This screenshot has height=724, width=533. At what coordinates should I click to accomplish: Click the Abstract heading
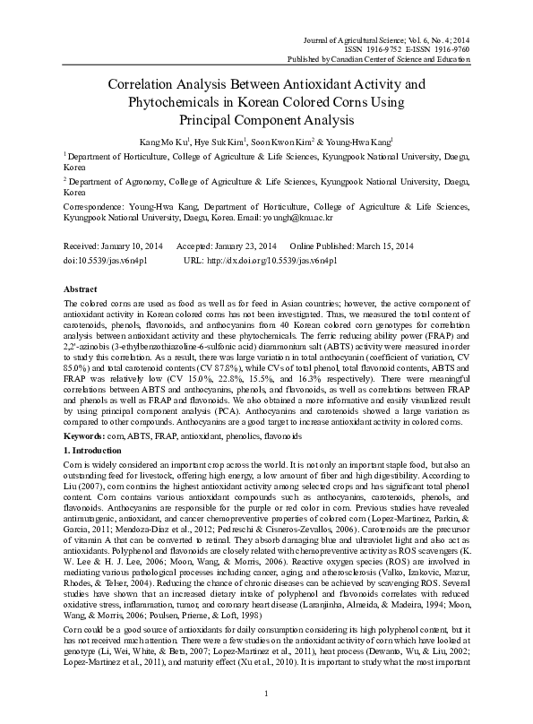click(81, 291)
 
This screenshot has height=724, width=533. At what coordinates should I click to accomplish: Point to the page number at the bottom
click(267, 694)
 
